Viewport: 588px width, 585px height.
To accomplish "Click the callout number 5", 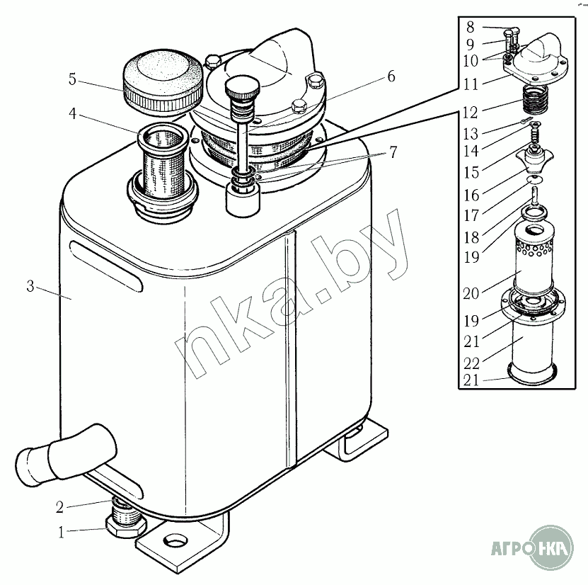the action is point(72,79).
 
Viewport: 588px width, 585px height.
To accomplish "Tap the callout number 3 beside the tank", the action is point(30,286).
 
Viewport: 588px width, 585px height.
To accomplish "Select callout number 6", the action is point(391,76).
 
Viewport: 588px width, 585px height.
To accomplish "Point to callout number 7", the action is point(393,152).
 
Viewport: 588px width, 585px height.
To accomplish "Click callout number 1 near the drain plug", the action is point(62,533).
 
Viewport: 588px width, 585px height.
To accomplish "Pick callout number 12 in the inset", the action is point(471,112).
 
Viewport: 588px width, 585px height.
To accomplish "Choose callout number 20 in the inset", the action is point(471,293).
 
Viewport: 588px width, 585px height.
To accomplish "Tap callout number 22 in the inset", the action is point(471,363).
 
